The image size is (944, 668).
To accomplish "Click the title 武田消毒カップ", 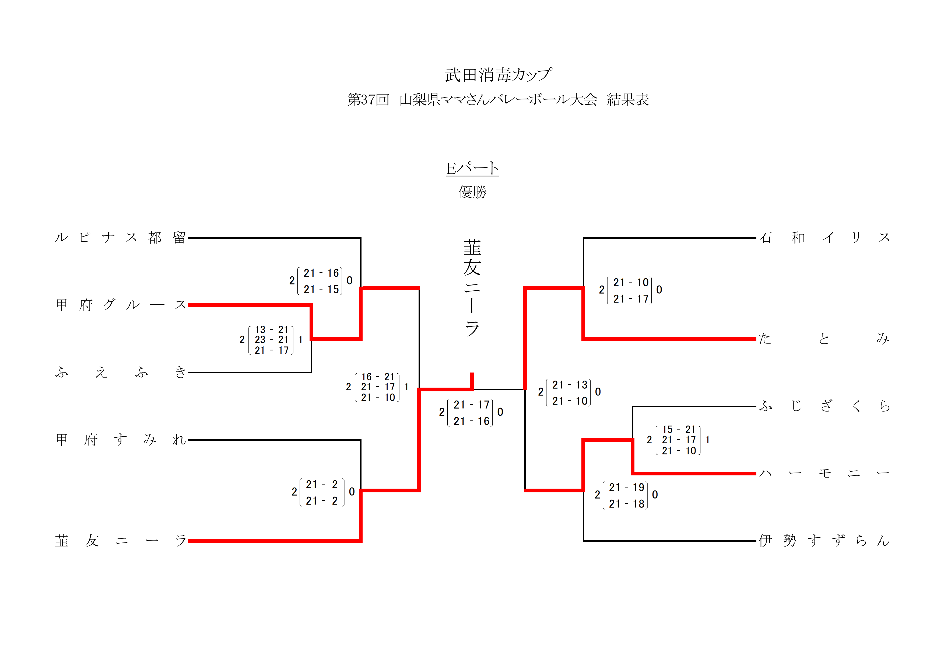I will click(498, 75).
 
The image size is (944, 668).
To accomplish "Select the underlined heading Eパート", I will click(472, 168).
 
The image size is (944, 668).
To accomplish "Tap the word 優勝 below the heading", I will click(472, 192).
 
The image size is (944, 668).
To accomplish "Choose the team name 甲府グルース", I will click(121, 305).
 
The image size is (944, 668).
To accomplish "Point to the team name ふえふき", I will click(121, 373).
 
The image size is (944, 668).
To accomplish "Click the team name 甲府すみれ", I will click(121, 440).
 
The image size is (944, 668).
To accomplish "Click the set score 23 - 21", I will click(271, 340).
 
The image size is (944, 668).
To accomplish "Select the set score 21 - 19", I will click(627, 488).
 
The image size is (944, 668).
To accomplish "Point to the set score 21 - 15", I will click(321, 290).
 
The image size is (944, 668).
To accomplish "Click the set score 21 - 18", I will click(627, 504).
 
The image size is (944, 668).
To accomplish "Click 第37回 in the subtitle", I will click(368, 100).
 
